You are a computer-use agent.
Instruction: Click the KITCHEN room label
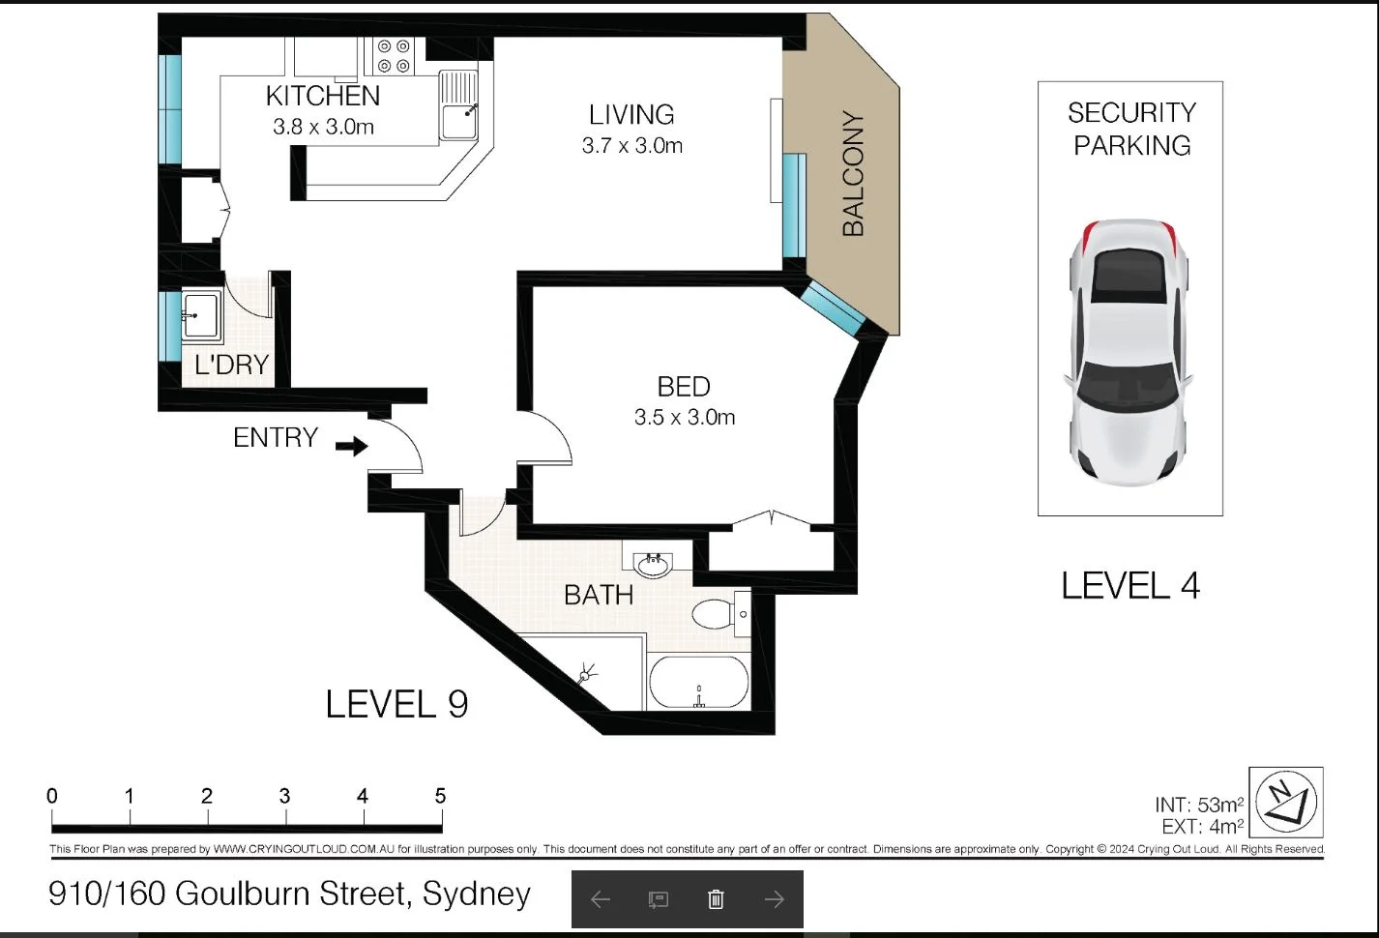pyautogui.click(x=323, y=96)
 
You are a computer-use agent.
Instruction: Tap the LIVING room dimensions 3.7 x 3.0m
pyautogui.click(x=632, y=146)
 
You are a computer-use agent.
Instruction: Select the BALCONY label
pyautogui.click(x=852, y=174)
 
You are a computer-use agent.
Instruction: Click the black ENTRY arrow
pyautogui.click(x=352, y=446)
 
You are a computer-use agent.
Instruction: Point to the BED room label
pyautogui.click(x=684, y=387)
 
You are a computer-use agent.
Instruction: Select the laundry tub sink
pyautogui.click(x=201, y=315)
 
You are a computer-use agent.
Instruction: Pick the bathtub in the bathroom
pyautogui.click(x=698, y=683)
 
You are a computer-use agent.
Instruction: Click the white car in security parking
pyautogui.click(x=1130, y=350)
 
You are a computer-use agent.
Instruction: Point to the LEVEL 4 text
pyautogui.click(x=1130, y=586)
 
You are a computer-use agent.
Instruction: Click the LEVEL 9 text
pyautogui.click(x=396, y=704)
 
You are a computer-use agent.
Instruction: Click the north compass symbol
pyautogui.click(x=1286, y=802)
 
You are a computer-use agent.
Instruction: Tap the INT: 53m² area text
pyautogui.click(x=1198, y=805)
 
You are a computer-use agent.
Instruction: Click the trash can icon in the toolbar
pyautogui.click(x=716, y=899)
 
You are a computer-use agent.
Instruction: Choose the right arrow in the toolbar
pyautogui.click(x=774, y=899)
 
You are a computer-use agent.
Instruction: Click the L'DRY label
pyautogui.click(x=231, y=365)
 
